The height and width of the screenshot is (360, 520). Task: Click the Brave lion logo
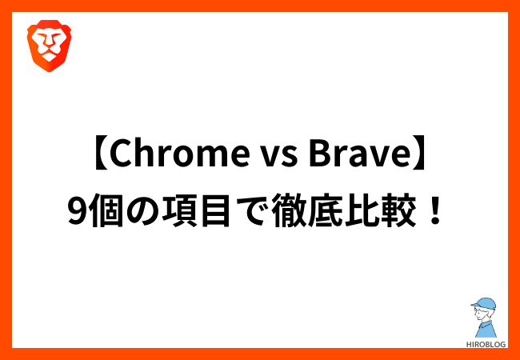pyautogui.click(x=49, y=46)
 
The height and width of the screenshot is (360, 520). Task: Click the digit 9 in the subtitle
pyautogui.click(x=77, y=211)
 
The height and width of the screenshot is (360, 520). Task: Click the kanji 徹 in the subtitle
pyautogui.click(x=287, y=211)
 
